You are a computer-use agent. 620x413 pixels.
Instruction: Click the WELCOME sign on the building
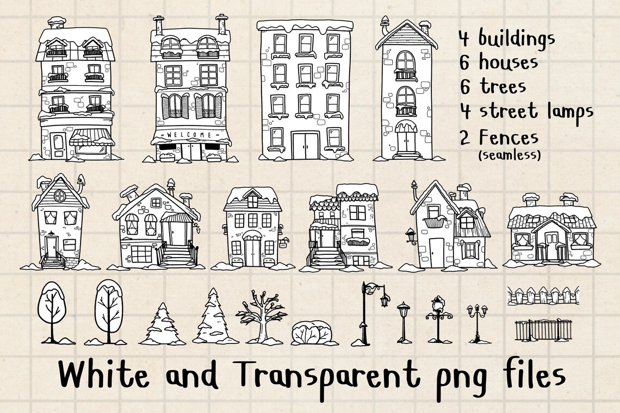[190, 135]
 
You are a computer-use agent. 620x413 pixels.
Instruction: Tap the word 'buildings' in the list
[517, 39]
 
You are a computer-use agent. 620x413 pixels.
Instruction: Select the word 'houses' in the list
[508, 62]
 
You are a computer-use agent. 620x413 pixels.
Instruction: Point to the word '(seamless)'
[510, 155]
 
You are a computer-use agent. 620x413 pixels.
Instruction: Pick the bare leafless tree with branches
[261, 318]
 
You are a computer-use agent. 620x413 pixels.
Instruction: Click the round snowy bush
[312, 333]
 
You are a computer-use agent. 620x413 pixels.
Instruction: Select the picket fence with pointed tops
[543, 296]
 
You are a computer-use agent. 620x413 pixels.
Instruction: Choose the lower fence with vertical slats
[543, 329]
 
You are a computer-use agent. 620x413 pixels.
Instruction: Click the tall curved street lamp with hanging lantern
[370, 312]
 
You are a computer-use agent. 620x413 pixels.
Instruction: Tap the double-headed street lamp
[477, 321]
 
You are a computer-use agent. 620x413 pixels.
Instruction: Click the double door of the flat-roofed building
[303, 145]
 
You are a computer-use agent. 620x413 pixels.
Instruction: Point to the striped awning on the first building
[91, 138]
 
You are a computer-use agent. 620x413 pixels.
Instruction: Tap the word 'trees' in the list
[503, 87]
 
